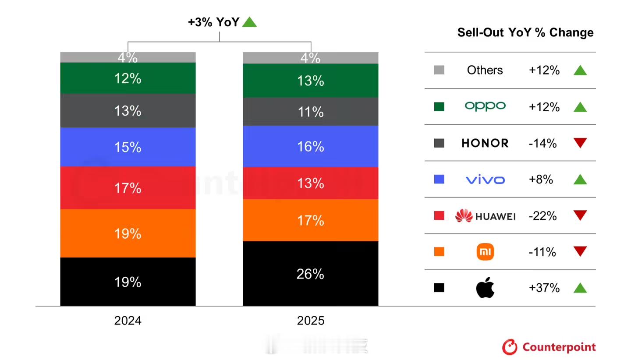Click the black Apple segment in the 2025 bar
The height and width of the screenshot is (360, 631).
pyautogui.click(x=310, y=273)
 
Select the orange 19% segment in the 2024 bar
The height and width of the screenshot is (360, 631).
pyautogui.click(x=128, y=233)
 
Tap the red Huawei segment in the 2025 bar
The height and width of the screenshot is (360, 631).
pyautogui.click(x=310, y=183)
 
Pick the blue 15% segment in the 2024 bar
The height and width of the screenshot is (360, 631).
pyautogui.click(x=128, y=147)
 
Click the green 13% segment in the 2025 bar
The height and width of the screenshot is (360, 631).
pyautogui.click(x=310, y=80)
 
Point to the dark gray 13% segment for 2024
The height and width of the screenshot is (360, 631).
pyautogui.click(x=128, y=110)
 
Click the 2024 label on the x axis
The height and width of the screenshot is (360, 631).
pyautogui.click(x=128, y=321)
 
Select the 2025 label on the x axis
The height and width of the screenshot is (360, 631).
pyautogui.click(x=310, y=321)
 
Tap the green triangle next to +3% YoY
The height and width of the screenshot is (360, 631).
pyautogui.click(x=249, y=22)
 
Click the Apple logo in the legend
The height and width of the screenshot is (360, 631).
pyautogui.click(x=485, y=288)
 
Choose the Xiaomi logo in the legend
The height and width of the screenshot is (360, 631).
pyautogui.click(x=485, y=252)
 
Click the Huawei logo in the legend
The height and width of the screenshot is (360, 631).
pyautogui.click(x=485, y=216)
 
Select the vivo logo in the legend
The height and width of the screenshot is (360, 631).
pyautogui.click(x=485, y=180)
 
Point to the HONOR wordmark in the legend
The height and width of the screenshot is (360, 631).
pyautogui.click(x=485, y=143)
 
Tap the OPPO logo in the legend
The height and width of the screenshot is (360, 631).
pyautogui.click(x=485, y=106)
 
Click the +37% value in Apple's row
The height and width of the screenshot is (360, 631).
pyautogui.click(x=544, y=288)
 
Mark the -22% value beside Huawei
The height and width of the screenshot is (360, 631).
pyautogui.click(x=542, y=216)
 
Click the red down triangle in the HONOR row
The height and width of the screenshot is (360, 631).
pyautogui.click(x=580, y=143)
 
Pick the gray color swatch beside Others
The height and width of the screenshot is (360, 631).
pyautogui.click(x=439, y=70)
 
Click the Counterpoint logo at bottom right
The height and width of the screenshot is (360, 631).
pyautogui.click(x=549, y=347)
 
